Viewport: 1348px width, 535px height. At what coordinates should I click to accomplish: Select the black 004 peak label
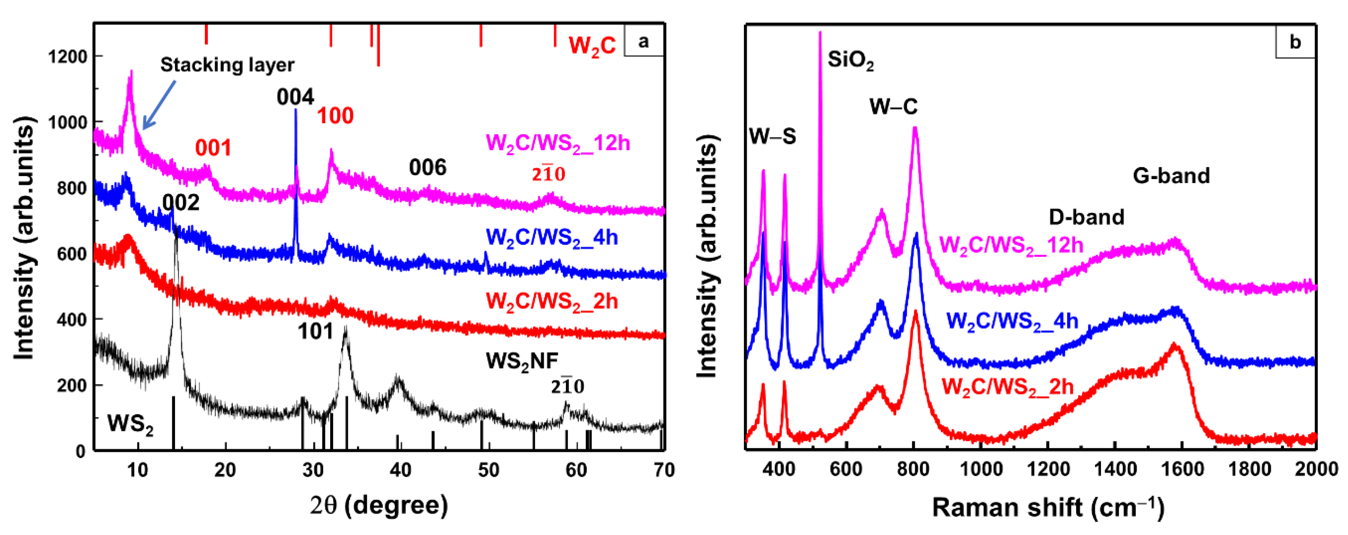tap(295, 97)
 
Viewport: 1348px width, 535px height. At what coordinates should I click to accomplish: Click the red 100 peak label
tap(335, 116)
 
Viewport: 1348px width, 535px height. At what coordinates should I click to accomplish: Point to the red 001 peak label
tap(213, 148)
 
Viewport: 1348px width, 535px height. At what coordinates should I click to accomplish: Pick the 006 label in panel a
tap(428, 168)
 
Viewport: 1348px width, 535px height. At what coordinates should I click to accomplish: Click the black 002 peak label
tap(181, 203)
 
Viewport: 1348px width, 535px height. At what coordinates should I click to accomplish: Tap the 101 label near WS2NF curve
tap(315, 331)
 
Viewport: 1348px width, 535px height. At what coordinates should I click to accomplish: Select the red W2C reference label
tap(592, 46)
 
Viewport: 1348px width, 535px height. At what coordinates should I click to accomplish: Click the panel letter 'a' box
tap(643, 41)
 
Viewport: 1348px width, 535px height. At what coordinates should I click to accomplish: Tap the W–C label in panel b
tap(893, 107)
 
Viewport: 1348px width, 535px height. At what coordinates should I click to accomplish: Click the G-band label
tap(1171, 176)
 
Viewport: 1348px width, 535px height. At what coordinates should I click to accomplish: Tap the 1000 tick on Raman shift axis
tap(981, 469)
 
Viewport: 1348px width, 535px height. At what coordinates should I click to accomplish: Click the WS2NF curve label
tap(522, 361)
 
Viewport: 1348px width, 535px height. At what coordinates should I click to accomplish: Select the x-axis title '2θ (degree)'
tap(379, 505)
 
